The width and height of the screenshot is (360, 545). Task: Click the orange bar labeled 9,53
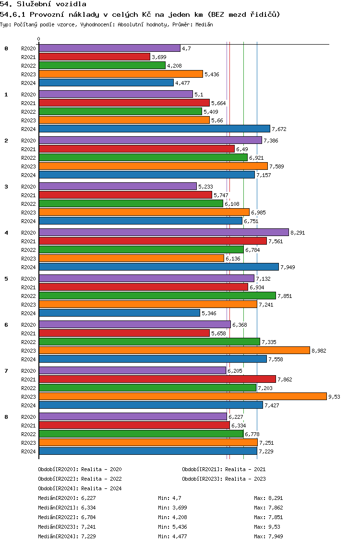click(x=183, y=397)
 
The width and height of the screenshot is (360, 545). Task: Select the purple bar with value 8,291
click(x=164, y=233)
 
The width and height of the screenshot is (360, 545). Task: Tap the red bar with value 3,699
click(x=95, y=57)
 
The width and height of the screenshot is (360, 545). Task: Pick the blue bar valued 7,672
click(x=155, y=129)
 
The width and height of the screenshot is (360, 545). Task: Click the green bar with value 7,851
click(x=157, y=296)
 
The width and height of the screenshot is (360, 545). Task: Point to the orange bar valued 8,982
click(x=174, y=351)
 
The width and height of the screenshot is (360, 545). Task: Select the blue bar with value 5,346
click(x=120, y=313)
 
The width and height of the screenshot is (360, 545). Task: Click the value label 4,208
click(x=174, y=66)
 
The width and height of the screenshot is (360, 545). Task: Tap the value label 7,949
click(x=288, y=267)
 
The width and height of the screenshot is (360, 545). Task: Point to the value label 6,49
click(x=242, y=149)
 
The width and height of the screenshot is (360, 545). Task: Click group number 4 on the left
click(x=6, y=233)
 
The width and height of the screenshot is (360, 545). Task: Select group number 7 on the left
click(x=6, y=371)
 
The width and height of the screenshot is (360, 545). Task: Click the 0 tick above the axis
click(x=38, y=39)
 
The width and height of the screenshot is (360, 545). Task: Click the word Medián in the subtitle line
click(x=204, y=24)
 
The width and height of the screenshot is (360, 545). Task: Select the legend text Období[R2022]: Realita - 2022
click(x=80, y=479)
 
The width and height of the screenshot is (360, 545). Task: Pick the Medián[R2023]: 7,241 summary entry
click(x=67, y=527)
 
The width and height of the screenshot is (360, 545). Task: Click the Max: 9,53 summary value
click(x=267, y=527)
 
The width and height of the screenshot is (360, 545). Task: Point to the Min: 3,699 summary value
click(x=172, y=508)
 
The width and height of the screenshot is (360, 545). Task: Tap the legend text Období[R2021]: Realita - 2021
click(x=224, y=469)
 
